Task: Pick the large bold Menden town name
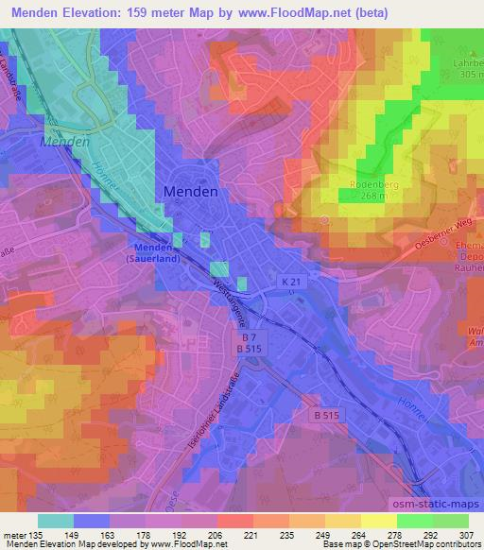point(191,190)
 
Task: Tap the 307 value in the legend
point(468,534)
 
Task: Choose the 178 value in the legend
point(110,534)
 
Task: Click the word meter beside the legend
point(15,534)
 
